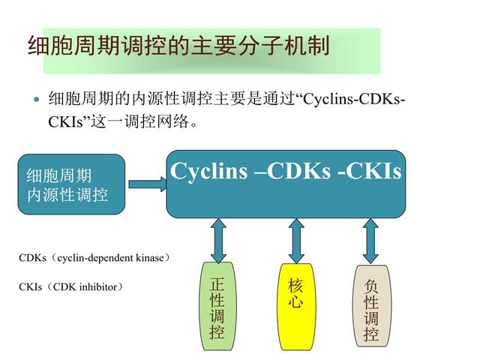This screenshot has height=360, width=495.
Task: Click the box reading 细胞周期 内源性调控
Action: point(71,184)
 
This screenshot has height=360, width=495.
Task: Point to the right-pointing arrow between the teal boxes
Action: point(146,184)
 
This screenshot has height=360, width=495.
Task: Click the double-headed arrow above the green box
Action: point(218,239)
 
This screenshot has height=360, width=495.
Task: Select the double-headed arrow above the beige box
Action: point(370,239)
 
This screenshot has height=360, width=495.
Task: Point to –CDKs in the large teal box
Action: point(293,172)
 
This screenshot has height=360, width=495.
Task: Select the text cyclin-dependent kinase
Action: point(106,258)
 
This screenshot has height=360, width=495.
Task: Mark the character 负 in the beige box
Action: point(371,286)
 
